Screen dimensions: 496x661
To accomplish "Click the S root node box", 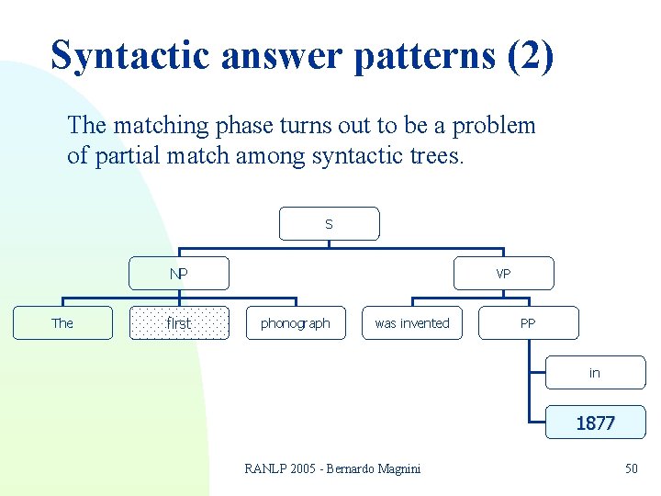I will coord(329,223).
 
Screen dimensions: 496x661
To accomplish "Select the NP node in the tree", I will coord(179,274).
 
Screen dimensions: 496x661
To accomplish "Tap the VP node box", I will coord(504,274).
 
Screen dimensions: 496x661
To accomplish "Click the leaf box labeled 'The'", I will coord(62,323).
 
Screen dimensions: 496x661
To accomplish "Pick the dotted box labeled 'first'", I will coord(179,323).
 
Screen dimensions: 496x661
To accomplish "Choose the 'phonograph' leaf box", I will coord(296,323).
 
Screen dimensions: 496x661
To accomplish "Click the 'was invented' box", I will coord(412,323).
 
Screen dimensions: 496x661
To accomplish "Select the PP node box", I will coord(528,323).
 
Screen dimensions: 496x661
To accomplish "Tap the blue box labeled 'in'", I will coord(595,373).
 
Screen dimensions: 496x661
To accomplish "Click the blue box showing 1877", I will coord(595,423).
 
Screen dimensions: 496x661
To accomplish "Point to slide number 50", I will coord(631,469).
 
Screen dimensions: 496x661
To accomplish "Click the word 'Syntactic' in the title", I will coord(128,55).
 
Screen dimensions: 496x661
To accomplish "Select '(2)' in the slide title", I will coord(530,55).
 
